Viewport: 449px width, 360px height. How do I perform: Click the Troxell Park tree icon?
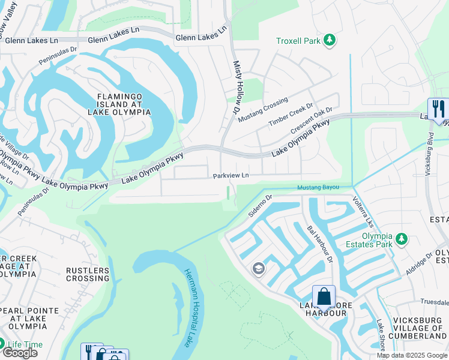(x=329, y=40)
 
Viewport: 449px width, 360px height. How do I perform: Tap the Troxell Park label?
(x=297, y=41)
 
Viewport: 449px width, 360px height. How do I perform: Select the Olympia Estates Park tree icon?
(x=401, y=240)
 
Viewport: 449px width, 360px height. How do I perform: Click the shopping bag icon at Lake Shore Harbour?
(x=324, y=296)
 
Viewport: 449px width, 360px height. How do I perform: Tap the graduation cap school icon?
(x=259, y=268)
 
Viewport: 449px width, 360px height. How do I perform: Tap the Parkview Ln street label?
(x=231, y=176)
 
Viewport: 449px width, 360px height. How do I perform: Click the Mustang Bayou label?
(x=319, y=188)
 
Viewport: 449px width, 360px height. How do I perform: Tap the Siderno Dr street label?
(x=261, y=205)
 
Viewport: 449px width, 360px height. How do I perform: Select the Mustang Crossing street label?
(x=262, y=109)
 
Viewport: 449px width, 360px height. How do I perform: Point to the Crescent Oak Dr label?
(x=312, y=121)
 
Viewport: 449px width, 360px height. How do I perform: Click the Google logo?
(x=19, y=352)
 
